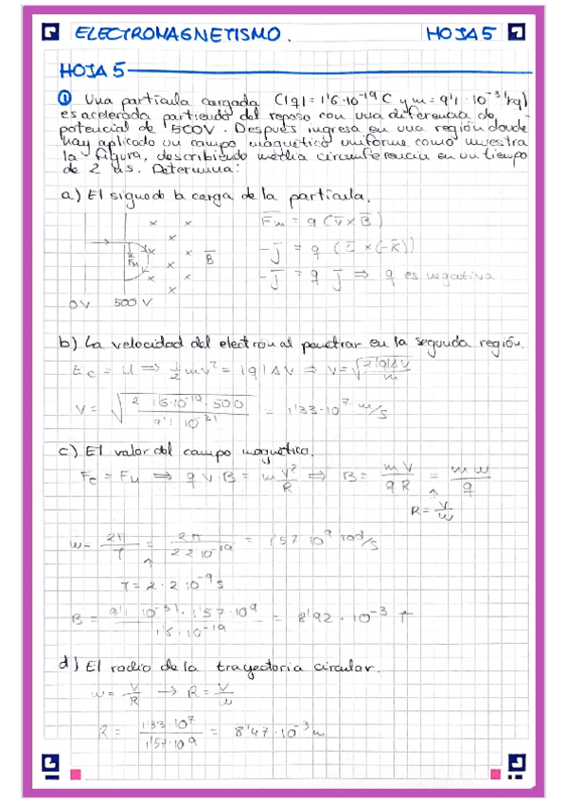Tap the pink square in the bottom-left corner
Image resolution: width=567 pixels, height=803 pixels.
coord(76,774)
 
